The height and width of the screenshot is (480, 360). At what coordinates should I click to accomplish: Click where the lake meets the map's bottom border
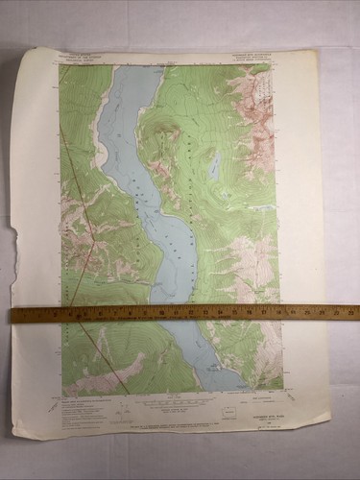[230, 391]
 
